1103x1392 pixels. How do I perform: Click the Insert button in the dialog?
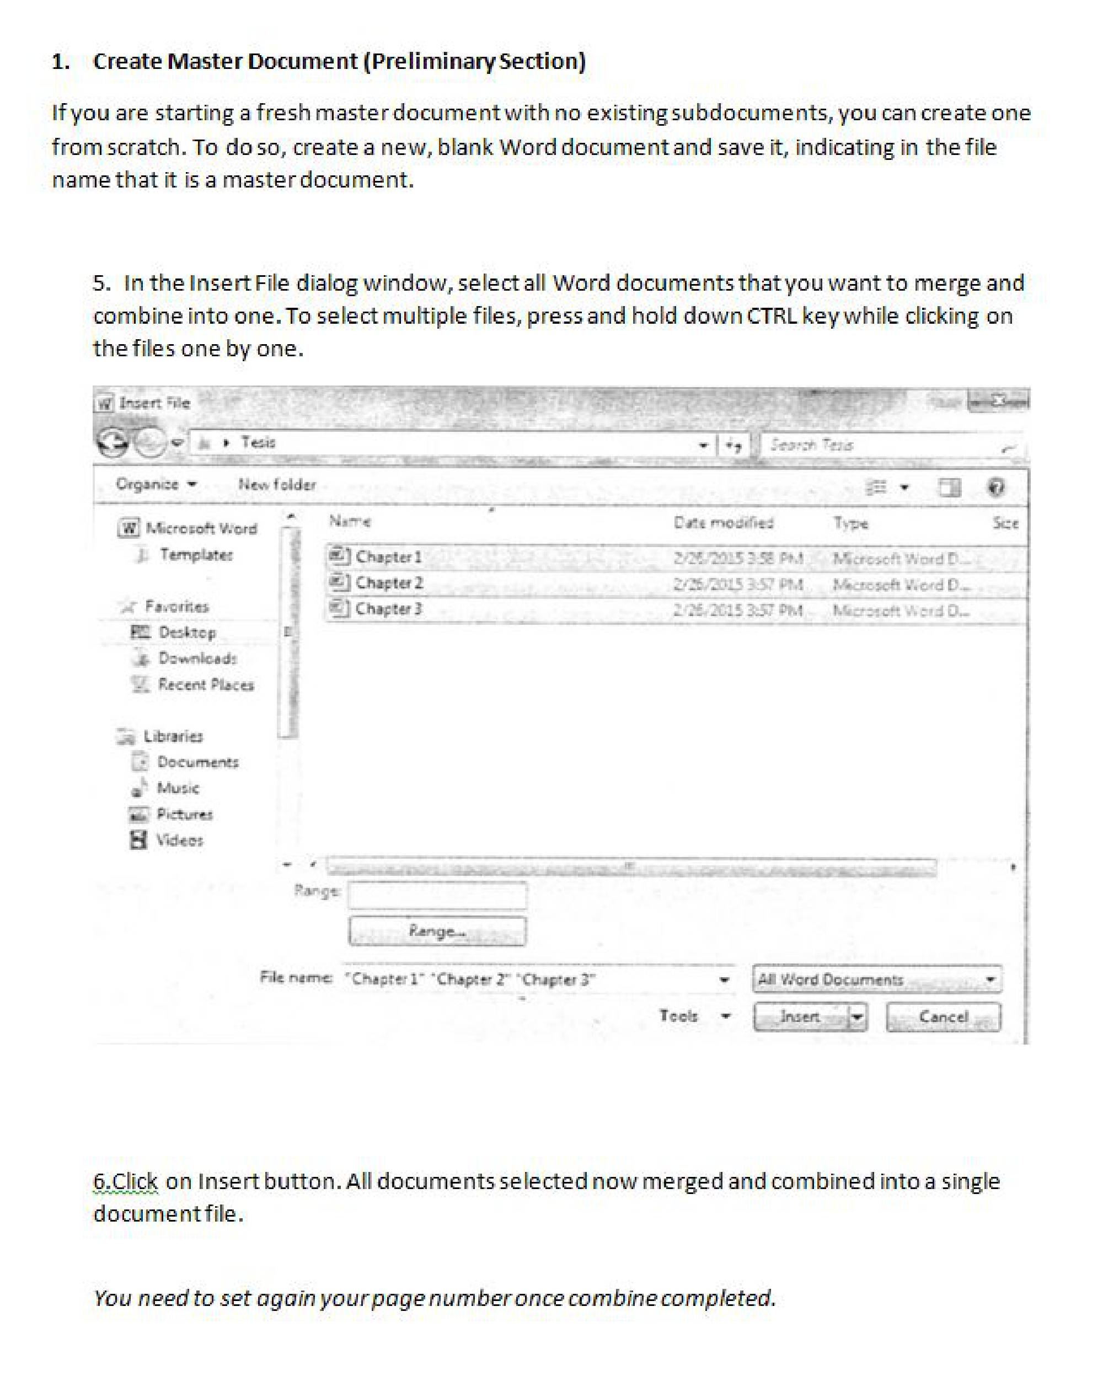(800, 1017)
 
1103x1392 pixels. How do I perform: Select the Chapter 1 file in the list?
(388, 556)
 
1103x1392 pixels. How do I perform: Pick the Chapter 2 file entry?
(389, 583)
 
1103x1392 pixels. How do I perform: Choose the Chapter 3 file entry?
(388, 609)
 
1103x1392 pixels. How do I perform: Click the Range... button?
(437, 931)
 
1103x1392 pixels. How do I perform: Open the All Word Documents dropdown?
(876, 979)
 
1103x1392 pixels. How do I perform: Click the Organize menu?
(156, 484)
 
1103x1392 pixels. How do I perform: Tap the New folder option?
(277, 484)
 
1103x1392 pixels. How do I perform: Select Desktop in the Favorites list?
(186, 632)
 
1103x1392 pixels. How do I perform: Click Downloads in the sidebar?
(197, 658)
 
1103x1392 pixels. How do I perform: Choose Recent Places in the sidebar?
(205, 684)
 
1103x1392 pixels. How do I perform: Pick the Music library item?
(178, 788)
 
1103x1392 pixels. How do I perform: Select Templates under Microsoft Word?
(196, 555)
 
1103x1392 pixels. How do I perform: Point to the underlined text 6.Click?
(125, 1181)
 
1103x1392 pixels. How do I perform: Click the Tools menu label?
(679, 1016)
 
